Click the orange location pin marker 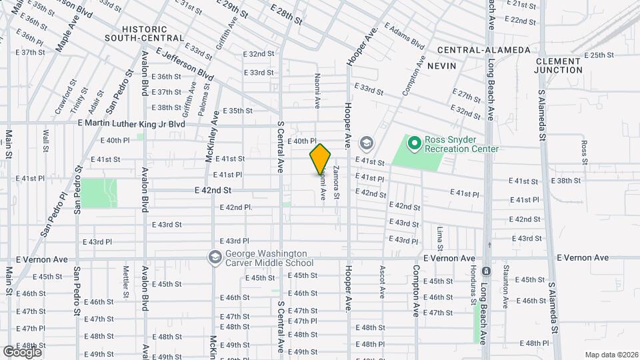[320, 159]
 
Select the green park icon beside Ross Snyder [414, 142]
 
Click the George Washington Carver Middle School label [266, 258]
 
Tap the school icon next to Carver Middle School [215, 257]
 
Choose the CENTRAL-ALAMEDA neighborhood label [484, 50]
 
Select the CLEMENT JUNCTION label [559, 65]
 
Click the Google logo [22, 351]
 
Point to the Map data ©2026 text [611, 354]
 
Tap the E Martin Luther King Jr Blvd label [131, 124]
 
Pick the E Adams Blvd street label [404, 38]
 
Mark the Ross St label [584, 152]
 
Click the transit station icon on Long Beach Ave [486, 271]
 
